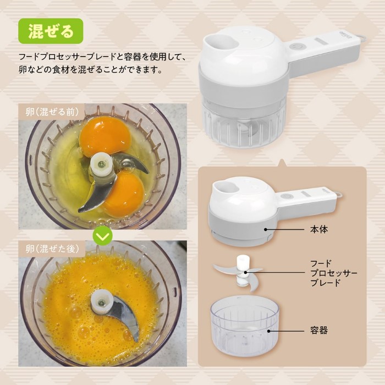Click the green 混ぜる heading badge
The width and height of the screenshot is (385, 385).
click(51, 31)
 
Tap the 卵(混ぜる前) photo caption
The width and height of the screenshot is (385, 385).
click(52, 112)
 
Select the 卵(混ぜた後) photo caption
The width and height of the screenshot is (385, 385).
click(52, 249)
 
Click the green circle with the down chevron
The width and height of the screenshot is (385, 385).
click(103, 236)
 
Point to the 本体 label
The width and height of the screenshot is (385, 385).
click(318, 229)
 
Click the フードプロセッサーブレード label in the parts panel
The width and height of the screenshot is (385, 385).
click(334, 273)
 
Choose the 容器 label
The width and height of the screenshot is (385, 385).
click(318, 331)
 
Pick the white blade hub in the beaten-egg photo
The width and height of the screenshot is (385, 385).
click(102, 302)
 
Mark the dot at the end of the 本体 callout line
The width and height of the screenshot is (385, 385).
click(266, 229)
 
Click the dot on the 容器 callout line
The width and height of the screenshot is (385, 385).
click(268, 331)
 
